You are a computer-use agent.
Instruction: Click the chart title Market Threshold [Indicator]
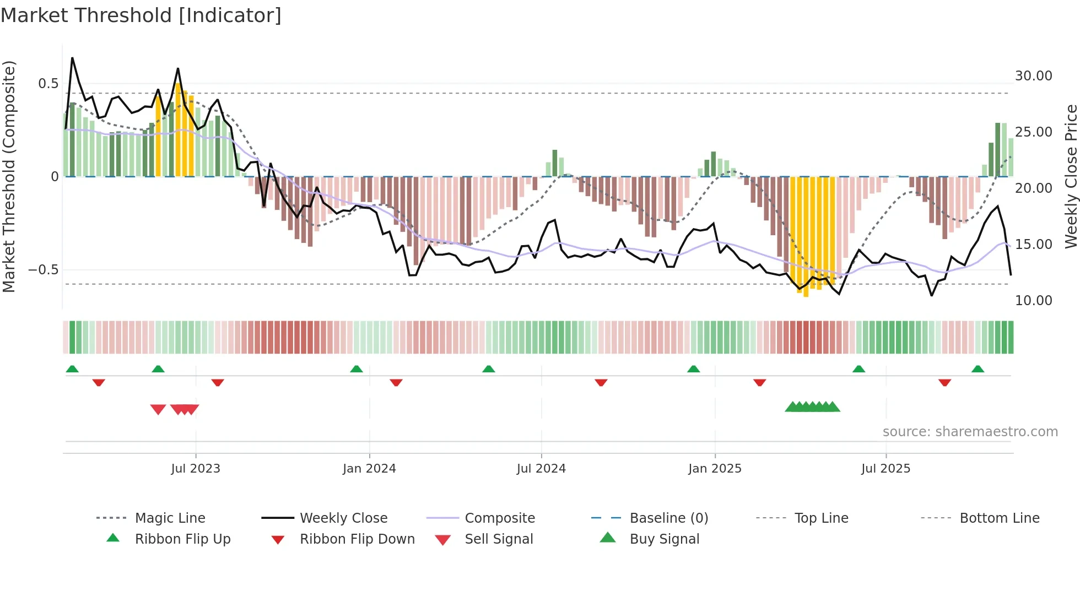pos(141,15)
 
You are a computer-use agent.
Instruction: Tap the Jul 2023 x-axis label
pos(195,469)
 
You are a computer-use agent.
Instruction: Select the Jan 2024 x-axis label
pos(369,469)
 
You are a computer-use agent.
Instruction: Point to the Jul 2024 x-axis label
pos(541,469)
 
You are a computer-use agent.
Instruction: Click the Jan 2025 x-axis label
pos(715,469)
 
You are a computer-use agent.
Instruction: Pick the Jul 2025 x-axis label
pos(885,469)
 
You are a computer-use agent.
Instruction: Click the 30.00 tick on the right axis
pos(1033,76)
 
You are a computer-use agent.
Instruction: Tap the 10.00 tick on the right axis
pos(1033,301)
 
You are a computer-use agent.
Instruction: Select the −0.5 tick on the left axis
pos(43,270)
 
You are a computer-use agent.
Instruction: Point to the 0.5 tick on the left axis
pos(48,84)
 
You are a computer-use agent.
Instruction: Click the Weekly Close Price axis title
pos(1071,176)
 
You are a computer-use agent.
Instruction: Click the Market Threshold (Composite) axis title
pos(9,176)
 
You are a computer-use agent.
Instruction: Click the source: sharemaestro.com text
pos(970,432)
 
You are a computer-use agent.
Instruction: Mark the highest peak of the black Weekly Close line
pos(72,58)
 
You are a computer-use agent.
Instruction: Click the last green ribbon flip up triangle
pos(978,369)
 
